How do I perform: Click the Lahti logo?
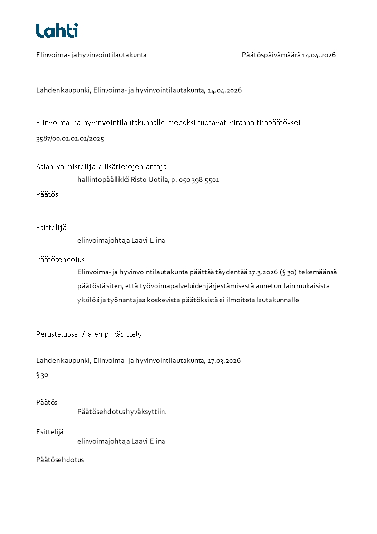pos(57,30)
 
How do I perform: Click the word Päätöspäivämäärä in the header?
pos(271,55)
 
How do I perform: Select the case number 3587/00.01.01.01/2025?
pos(70,139)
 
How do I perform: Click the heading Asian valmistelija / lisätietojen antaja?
pos(101,166)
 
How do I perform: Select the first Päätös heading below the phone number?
pos(47,194)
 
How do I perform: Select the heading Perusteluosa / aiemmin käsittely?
pos(89,334)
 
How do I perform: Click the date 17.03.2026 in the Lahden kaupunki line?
pos(224,360)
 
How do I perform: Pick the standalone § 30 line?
pos(42,375)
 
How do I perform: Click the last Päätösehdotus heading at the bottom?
pos(60,460)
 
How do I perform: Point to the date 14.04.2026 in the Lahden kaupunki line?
pos(224,90)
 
